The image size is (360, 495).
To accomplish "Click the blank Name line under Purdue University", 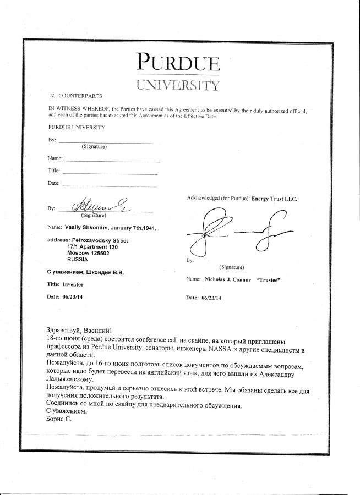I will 113,160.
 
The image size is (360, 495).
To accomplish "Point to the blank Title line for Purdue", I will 110,173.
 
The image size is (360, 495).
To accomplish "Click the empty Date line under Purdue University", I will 110,185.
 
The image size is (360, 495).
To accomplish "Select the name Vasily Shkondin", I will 86,227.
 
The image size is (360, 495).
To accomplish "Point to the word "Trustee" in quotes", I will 268,279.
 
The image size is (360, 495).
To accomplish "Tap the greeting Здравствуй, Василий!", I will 80,330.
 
